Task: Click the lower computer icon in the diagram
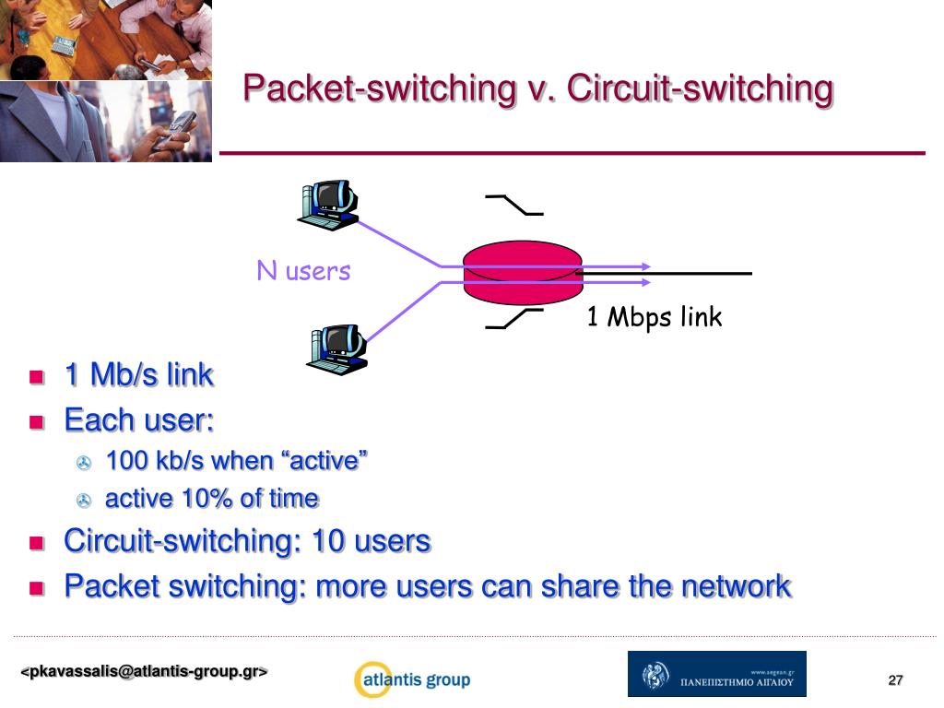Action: pos(336,348)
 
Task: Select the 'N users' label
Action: pos(303,271)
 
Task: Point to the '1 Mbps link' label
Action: pos(655,317)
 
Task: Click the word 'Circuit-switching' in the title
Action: pos(700,89)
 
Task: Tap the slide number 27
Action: pos(895,680)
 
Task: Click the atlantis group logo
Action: pos(412,680)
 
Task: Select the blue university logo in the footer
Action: pos(716,674)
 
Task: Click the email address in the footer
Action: pos(145,672)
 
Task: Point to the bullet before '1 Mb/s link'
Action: pos(37,376)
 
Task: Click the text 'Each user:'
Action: pos(139,420)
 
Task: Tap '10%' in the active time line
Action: pos(208,499)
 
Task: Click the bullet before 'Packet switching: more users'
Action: pos(37,587)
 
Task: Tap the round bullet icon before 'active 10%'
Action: pos(84,501)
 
